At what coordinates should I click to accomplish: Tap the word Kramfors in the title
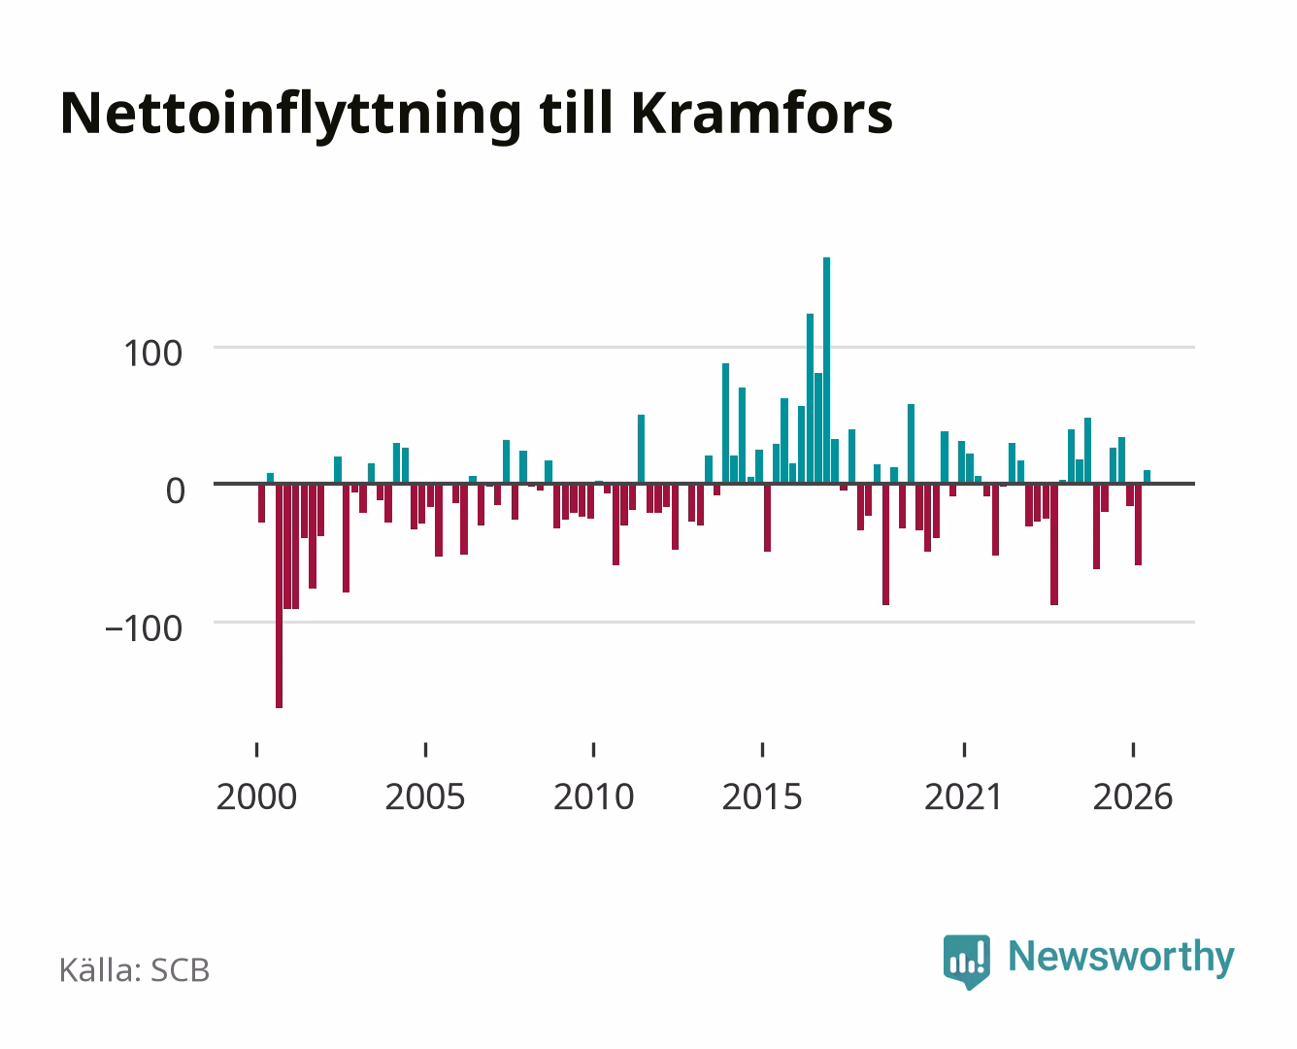[x=762, y=113]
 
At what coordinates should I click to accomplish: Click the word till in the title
[x=576, y=113]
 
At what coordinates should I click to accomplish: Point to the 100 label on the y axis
[x=152, y=354]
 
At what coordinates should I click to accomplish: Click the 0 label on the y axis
[x=176, y=491]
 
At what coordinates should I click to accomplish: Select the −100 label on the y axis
[x=144, y=628]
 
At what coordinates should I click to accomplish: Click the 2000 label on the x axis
[x=256, y=796]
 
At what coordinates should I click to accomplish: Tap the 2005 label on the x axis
[x=425, y=796]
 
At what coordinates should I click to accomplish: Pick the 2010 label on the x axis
[x=594, y=796]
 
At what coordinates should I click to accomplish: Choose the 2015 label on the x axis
[x=762, y=796]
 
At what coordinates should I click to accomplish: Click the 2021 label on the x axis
[x=963, y=796]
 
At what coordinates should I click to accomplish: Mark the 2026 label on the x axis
[x=1133, y=796]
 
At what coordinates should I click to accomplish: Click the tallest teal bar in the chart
[x=826, y=370]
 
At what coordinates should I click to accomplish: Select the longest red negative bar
[x=279, y=595]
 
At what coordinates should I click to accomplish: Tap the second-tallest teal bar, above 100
[x=810, y=398]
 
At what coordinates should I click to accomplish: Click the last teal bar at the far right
[x=1147, y=477]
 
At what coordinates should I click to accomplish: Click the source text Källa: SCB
[x=135, y=970]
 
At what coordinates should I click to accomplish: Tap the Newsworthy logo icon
[x=967, y=962]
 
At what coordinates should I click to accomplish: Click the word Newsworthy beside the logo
[x=1121, y=958]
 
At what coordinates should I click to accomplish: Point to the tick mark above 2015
[x=762, y=750]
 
